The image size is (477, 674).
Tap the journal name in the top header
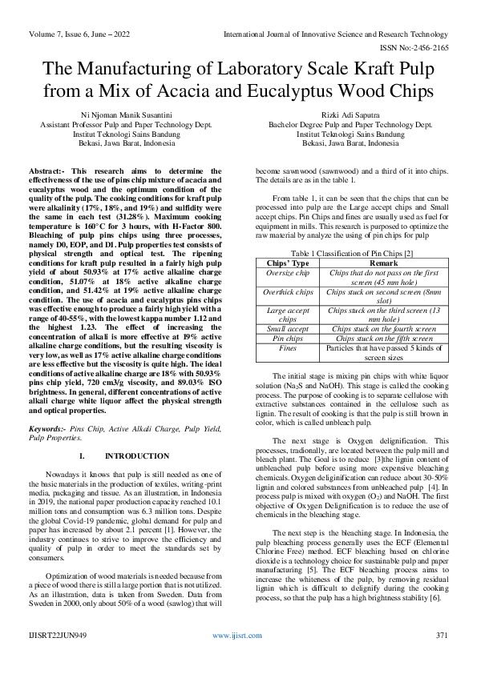click(335, 34)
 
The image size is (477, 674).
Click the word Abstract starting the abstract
click(46, 171)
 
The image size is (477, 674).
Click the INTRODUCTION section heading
click(132, 455)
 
